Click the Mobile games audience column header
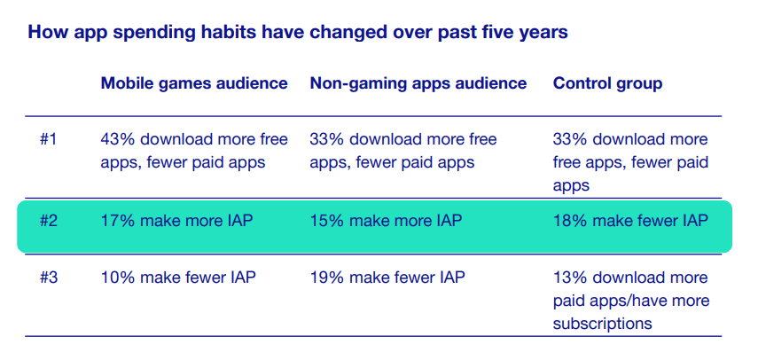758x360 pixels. click(x=194, y=83)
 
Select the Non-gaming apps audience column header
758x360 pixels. click(x=418, y=83)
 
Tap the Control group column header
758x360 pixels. click(x=608, y=83)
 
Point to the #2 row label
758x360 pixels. click(x=51, y=221)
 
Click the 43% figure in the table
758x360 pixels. click(x=116, y=139)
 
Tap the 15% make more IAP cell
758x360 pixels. click(x=387, y=221)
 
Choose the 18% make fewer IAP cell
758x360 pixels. click(x=630, y=221)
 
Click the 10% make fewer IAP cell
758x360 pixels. click(x=177, y=278)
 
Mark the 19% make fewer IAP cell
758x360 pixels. click(x=387, y=278)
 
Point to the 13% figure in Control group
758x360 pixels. click(x=568, y=278)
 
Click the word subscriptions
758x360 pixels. click(x=603, y=324)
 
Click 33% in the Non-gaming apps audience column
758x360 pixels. click(x=325, y=139)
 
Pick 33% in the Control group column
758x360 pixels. click(x=569, y=139)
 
